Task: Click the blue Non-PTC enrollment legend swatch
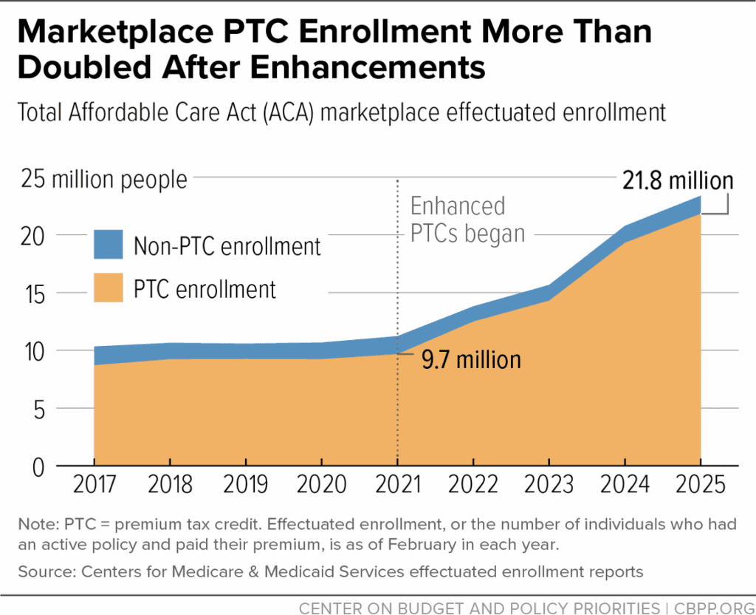[109, 245]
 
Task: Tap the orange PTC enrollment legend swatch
[109, 288]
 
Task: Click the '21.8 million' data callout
[676, 180]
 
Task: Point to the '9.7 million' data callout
[471, 360]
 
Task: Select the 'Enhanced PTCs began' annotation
[466, 220]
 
